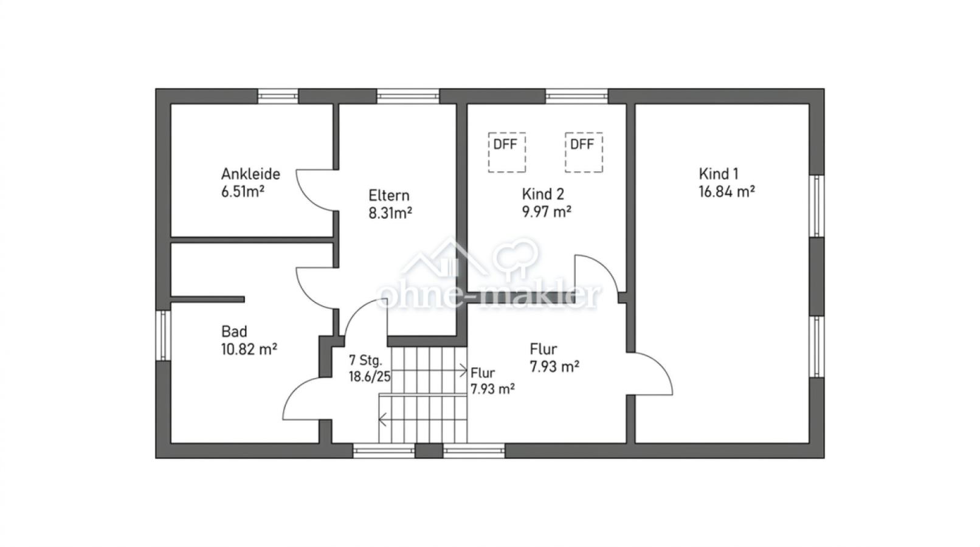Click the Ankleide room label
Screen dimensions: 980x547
pyautogui.click(x=250, y=174)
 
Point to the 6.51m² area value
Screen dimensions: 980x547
pyautogui.click(x=243, y=191)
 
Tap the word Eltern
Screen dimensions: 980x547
pyautogui.click(x=389, y=196)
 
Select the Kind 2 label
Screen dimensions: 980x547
pyautogui.click(x=543, y=194)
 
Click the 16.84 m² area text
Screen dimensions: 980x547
pyautogui.click(x=726, y=191)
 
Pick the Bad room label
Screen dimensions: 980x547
pyautogui.click(x=234, y=331)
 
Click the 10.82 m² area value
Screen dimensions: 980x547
pyautogui.click(x=249, y=349)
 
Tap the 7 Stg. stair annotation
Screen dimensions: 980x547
pyautogui.click(x=365, y=360)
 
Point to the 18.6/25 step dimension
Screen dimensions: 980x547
pyautogui.click(x=369, y=376)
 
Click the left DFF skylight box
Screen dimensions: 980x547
pyautogui.click(x=507, y=153)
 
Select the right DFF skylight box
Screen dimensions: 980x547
pyautogui.click(x=584, y=153)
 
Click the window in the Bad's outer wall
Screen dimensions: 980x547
pyautogui.click(x=163, y=335)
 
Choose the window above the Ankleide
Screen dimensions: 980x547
pyautogui.click(x=278, y=96)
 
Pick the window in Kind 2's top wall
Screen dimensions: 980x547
pyautogui.click(x=576, y=96)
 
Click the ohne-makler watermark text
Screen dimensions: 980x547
pyautogui.click(x=489, y=297)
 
